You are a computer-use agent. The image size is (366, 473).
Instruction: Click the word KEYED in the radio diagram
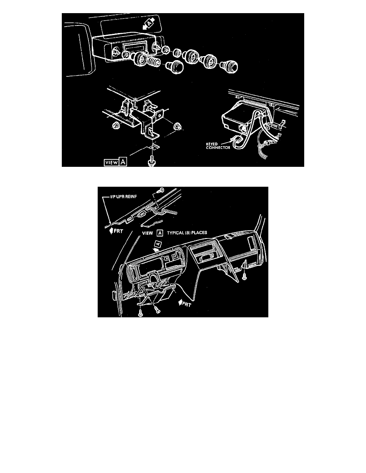tap(212, 144)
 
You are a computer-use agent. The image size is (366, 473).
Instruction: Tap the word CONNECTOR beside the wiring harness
tap(218, 147)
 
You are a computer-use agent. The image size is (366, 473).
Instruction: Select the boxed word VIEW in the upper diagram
tap(111, 162)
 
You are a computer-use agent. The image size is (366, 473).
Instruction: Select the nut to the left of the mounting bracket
tap(115, 125)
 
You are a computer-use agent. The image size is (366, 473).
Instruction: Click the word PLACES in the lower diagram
tap(199, 233)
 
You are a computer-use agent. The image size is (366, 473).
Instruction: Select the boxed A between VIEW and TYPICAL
tap(160, 233)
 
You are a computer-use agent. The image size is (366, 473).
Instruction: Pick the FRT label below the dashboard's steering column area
tap(185, 303)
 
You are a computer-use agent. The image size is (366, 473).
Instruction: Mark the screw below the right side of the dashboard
tap(245, 276)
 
